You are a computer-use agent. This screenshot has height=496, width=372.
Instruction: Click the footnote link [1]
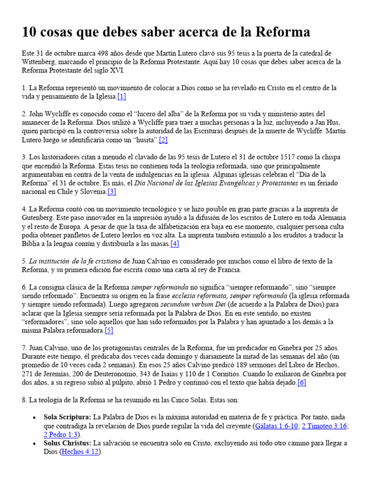(x=121, y=97)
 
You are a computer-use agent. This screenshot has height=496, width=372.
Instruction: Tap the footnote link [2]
(x=163, y=140)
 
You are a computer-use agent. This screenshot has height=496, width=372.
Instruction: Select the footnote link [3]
(x=112, y=192)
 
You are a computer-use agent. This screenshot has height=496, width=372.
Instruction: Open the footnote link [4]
(x=174, y=244)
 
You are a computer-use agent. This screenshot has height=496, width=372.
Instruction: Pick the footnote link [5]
(x=108, y=331)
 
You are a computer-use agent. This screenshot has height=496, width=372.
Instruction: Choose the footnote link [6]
(x=302, y=383)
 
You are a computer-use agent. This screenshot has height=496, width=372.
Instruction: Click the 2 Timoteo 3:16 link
(x=324, y=426)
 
